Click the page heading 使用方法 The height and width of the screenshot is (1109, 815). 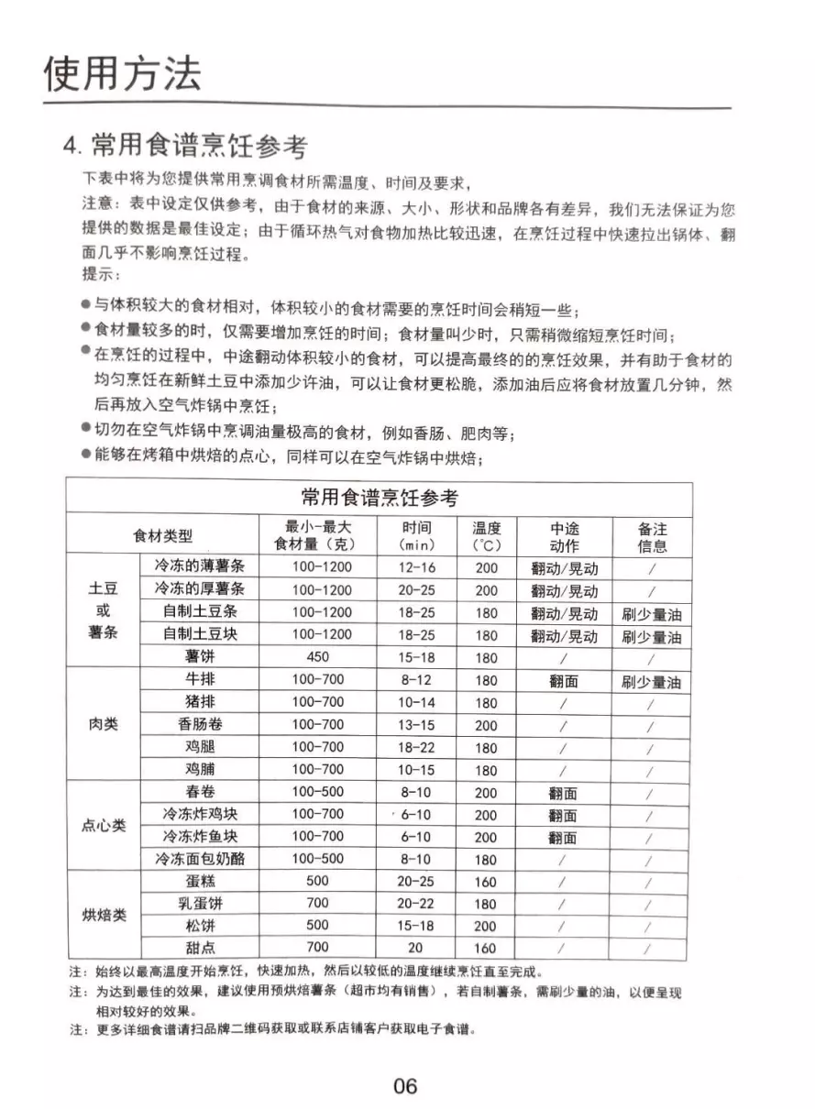click(123, 74)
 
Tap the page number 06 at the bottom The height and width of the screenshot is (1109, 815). click(404, 1086)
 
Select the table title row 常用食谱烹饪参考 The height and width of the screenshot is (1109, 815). click(379, 499)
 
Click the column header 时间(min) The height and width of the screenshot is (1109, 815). click(417, 536)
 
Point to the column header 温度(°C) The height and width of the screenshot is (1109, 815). click(486, 536)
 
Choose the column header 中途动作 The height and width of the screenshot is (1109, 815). click(564, 536)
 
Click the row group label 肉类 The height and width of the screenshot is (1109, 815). click(102, 725)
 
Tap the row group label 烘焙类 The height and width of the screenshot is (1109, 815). click(105, 916)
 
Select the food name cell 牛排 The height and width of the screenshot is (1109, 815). click(200, 680)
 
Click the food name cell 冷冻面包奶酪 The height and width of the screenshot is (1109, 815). click(200, 860)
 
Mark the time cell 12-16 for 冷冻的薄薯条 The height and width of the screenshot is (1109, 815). click(417, 567)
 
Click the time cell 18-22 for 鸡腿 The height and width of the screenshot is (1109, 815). click(416, 748)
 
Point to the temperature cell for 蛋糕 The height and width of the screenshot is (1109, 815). click(486, 883)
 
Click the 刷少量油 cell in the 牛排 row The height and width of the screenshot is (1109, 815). click(651, 682)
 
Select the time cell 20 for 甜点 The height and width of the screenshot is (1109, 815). click(416, 949)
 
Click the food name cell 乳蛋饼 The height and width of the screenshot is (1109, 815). click(200, 904)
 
